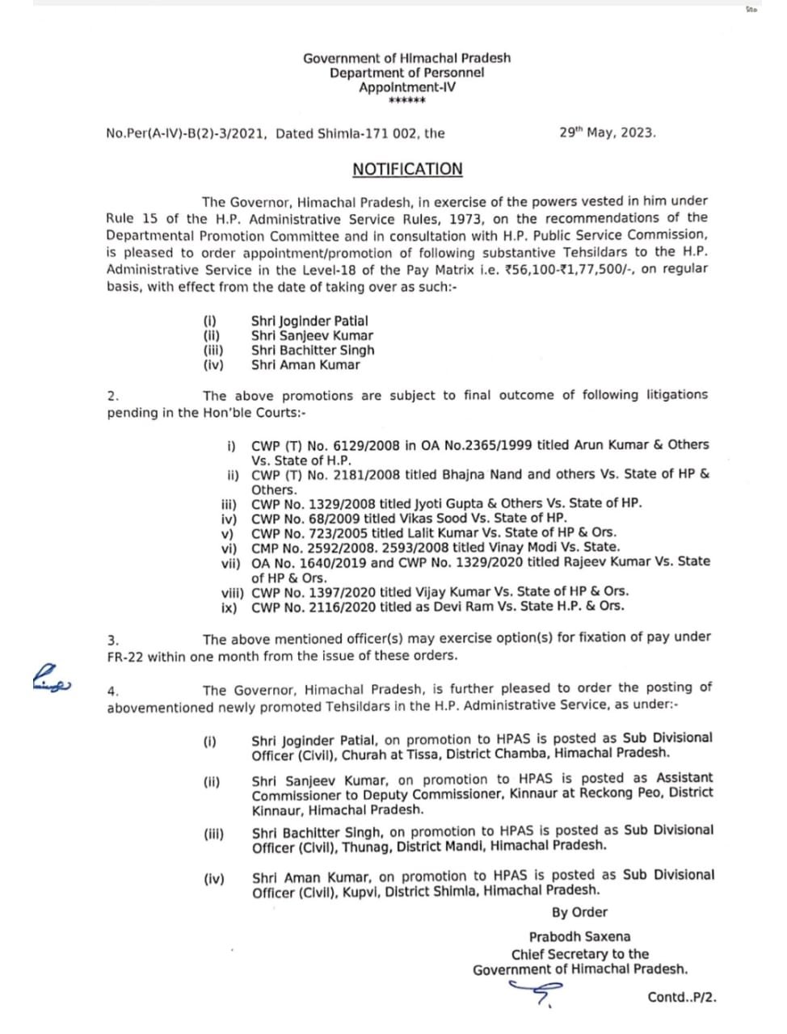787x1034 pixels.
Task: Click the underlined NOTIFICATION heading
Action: (407, 170)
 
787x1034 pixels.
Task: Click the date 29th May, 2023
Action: (607, 132)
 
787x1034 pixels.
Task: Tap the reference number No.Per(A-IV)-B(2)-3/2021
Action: (187, 133)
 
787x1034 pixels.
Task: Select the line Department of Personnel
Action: (406, 73)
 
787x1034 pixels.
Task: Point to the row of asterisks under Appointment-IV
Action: (406, 101)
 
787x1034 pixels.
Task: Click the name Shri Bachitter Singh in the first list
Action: (312, 351)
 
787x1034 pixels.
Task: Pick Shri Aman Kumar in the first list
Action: (305, 365)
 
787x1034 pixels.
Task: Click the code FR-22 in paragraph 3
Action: (125, 656)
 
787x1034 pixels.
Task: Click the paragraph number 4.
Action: (112, 691)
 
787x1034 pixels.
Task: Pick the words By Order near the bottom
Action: (579, 913)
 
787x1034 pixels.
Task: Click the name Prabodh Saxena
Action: (579, 937)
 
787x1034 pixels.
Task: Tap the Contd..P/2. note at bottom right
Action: (681, 998)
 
